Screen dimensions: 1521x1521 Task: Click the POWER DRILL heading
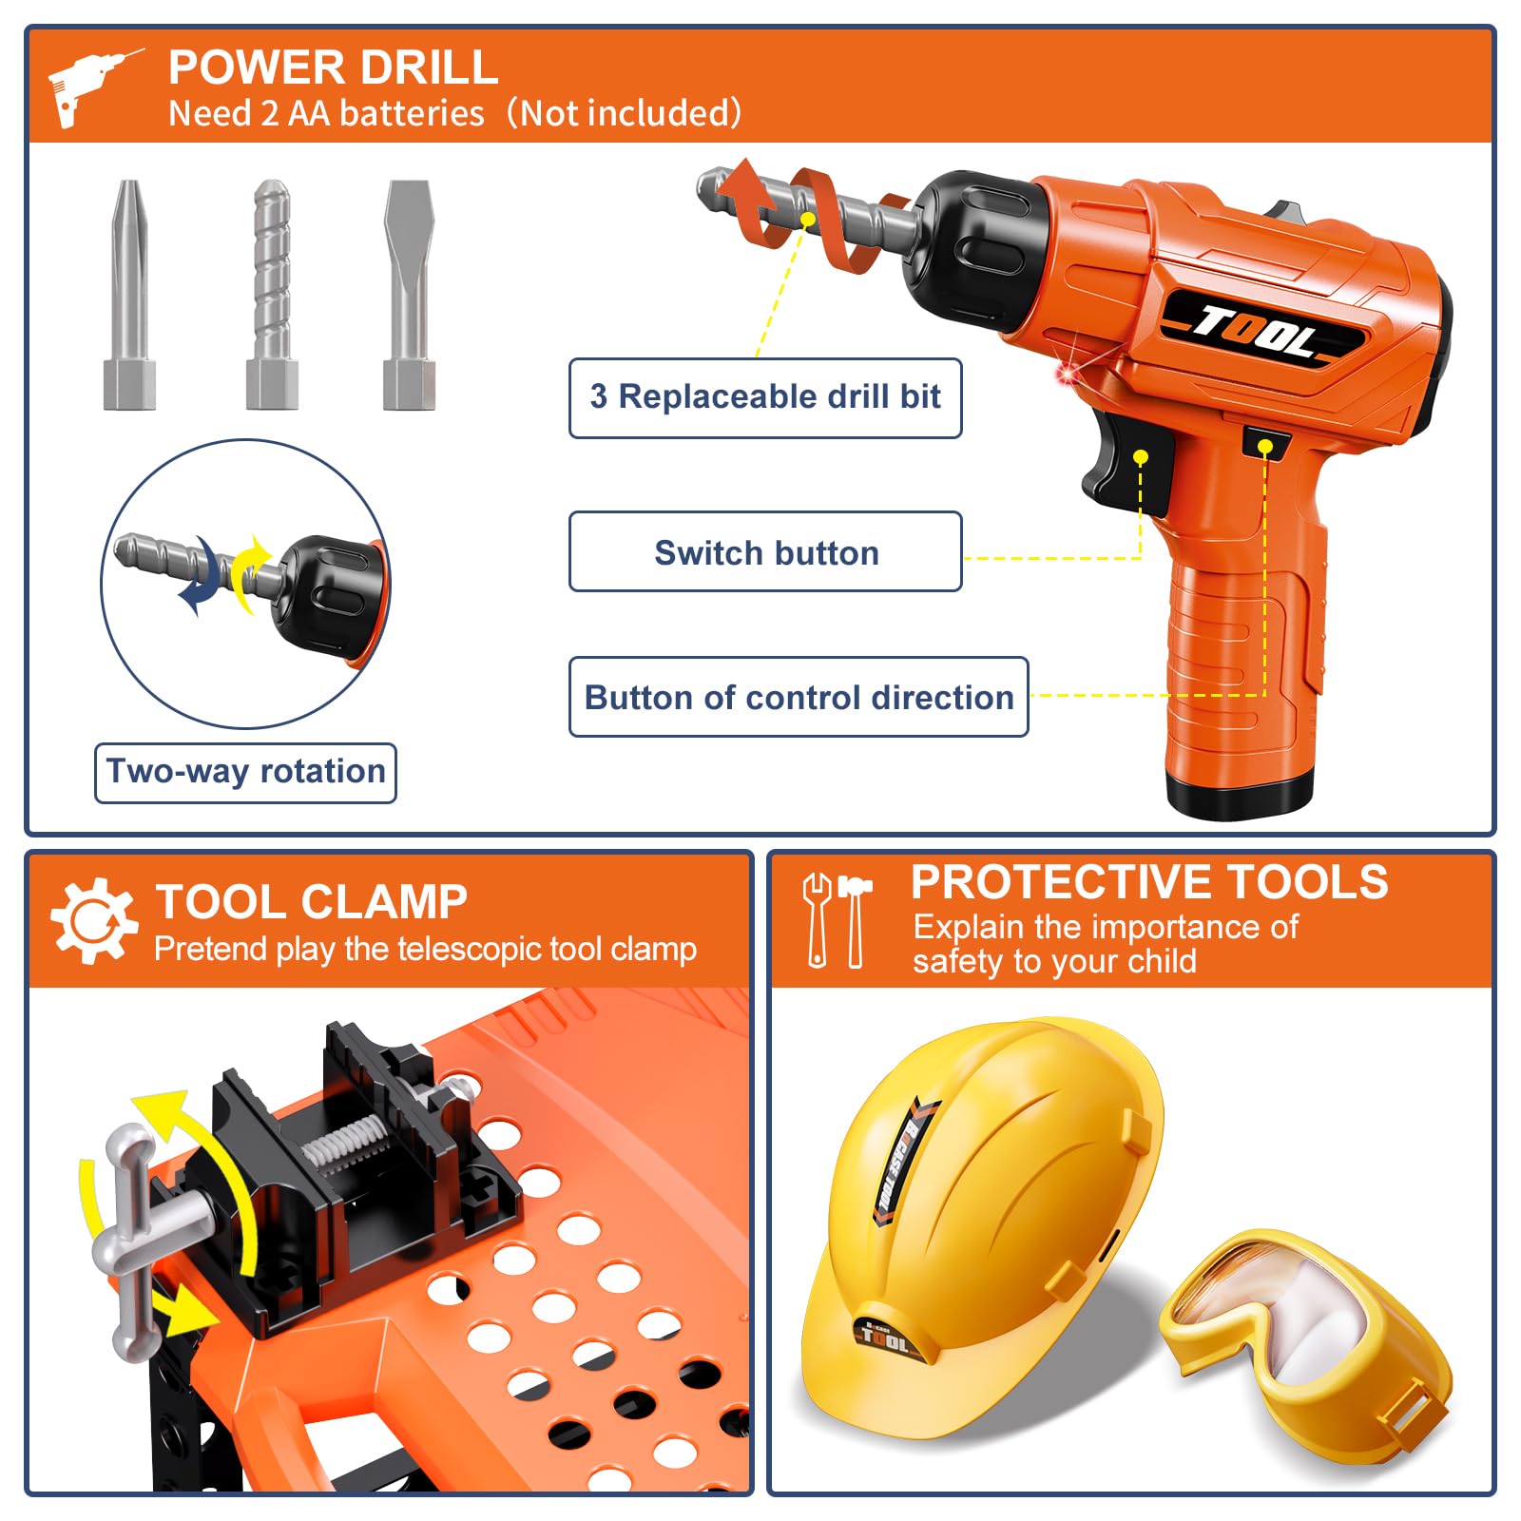click(x=333, y=67)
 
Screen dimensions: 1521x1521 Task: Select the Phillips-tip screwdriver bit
click(x=129, y=295)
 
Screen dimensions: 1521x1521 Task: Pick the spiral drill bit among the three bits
click(x=272, y=295)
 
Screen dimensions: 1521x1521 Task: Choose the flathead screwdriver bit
click(x=409, y=295)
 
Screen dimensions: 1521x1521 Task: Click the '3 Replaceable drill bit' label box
click(x=765, y=397)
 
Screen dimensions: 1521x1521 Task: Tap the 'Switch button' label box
click(x=765, y=551)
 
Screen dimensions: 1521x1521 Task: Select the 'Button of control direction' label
click(x=799, y=697)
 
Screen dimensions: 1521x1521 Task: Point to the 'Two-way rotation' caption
click(x=245, y=772)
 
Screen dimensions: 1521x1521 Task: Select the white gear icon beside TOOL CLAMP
click(x=93, y=920)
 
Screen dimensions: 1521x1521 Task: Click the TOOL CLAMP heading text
click(x=312, y=902)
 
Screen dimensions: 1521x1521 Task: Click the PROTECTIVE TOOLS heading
click(x=1149, y=882)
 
